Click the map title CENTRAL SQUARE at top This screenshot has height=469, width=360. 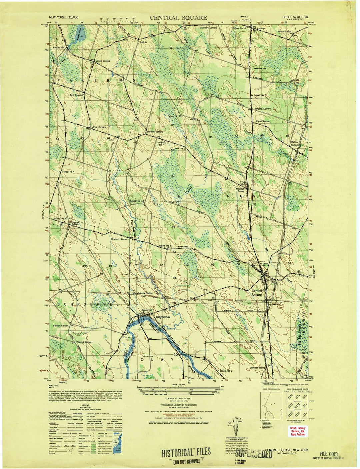pos(178,18)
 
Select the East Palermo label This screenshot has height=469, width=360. pos(76,95)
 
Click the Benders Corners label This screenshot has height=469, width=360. pos(155,132)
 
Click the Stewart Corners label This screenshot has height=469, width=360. pos(60,325)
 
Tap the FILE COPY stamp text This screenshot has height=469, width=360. pos(329,454)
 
